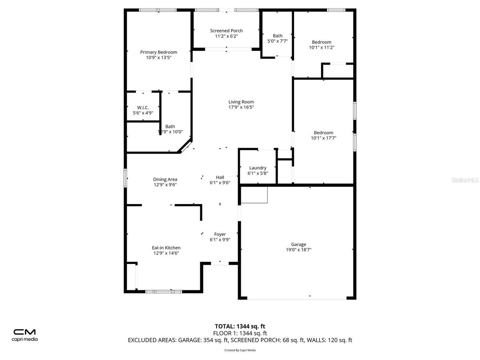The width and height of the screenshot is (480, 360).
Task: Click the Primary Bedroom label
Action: point(159,52)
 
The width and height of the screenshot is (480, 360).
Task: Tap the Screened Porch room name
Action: point(226,31)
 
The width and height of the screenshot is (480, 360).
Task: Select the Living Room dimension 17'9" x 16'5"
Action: point(241,107)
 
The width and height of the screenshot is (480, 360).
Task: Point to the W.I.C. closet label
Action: point(143,108)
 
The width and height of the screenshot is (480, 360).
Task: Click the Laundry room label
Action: point(258,168)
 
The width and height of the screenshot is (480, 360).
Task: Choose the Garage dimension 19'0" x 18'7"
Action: point(298,250)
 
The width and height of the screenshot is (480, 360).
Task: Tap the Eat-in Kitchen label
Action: point(166,248)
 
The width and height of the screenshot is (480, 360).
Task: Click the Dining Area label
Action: point(165,179)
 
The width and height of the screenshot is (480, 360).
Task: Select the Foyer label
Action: point(220,234)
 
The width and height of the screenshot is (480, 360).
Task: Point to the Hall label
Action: point(220,177)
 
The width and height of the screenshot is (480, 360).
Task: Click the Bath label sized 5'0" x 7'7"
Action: point(277,36)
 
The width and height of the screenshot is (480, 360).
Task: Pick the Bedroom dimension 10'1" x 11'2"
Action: point(321,48)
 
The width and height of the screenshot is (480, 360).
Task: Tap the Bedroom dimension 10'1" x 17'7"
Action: point(323,138)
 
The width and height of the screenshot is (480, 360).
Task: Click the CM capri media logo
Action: point(25,335)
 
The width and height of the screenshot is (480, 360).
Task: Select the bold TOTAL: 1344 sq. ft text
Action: point(240,326)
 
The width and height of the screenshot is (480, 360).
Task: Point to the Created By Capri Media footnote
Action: point(240,350)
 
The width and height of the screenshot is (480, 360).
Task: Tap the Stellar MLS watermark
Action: point(465,180)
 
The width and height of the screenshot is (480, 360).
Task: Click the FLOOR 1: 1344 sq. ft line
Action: point(240,333)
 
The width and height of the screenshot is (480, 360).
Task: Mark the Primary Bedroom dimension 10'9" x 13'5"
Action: point(159,58)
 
